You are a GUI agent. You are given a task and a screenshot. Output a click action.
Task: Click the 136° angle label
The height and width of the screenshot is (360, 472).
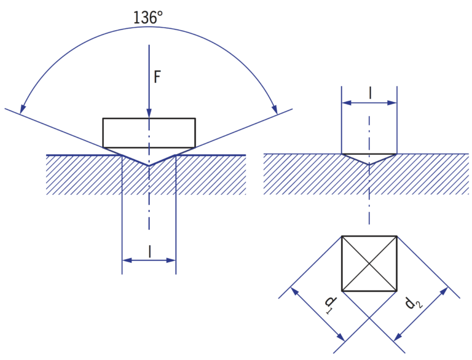(x=147, y=17)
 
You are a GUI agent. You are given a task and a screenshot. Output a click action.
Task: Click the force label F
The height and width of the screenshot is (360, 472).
(x=157, y=77)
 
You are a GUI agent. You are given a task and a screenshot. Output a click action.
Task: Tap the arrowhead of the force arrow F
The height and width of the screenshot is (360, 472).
(x=149, y=113)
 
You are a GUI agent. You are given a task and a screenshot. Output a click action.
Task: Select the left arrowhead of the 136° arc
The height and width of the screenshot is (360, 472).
(x=22, y=109)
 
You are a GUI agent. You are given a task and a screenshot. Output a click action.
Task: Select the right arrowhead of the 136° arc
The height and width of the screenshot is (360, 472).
(x=274, y=109)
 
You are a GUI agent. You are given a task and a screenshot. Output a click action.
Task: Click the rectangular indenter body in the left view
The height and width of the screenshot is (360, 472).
(x=149, y=133)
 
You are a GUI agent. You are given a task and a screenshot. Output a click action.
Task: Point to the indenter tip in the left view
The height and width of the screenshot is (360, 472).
(x=149, y=165)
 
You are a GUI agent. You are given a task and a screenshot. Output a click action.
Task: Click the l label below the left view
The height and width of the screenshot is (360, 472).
(x=149, y=251)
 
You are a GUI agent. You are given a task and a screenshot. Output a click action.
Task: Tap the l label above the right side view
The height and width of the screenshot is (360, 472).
(x=370, y=93)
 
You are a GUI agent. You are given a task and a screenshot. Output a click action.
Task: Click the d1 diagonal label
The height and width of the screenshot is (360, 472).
(x=331, y=304)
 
